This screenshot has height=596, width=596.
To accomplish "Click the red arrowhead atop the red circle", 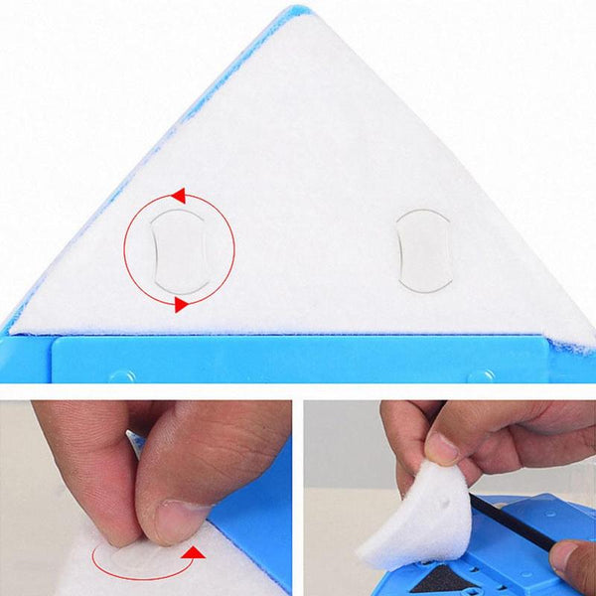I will pyautogui.click(x=178, y=195).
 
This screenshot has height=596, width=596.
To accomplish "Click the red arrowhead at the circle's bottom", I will pyautogui.click(x=182, y=304).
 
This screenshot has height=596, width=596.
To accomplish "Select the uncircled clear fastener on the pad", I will pyautogui.click(x=424, y=249).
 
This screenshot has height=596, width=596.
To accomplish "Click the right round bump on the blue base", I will pyautogui.click(x=481, y=376).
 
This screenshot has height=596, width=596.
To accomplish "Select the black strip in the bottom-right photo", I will pyautogui.click(x=512, y=521).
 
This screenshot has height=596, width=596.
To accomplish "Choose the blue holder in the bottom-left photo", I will pyautogui.click(x=253, y=526).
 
